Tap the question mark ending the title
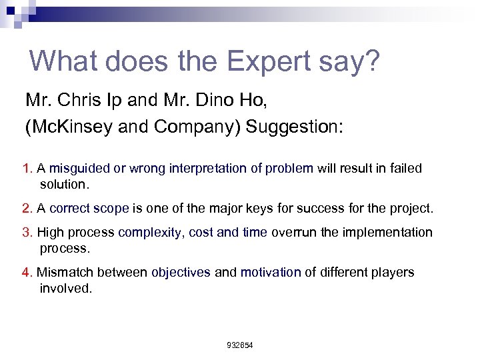371,61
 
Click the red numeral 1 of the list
26,169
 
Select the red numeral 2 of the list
26,209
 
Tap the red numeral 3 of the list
26,233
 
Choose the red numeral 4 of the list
26,273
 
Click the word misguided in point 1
79,169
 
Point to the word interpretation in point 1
209,169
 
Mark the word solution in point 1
63,183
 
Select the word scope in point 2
113,209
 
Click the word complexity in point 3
150,233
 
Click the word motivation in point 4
271,273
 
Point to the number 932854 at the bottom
240,345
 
